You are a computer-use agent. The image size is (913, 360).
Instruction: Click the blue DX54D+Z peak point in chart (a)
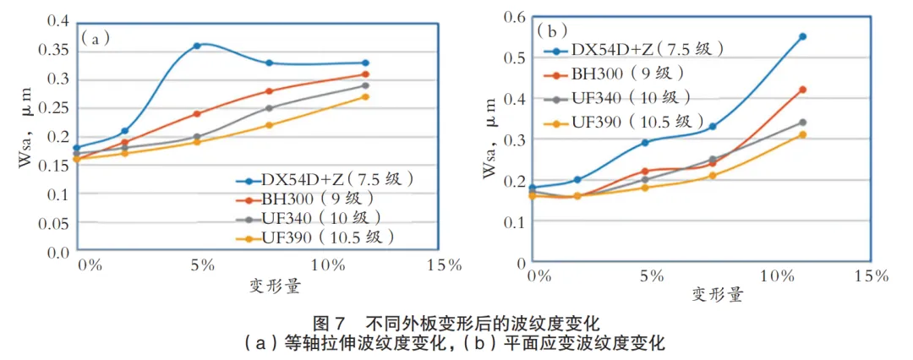pos(197,46)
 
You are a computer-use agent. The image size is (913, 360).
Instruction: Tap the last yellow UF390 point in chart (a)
pos(365,96)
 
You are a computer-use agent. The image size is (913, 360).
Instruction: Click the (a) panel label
pos(95,37)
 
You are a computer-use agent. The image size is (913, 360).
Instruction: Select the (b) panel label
pos(552,31)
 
